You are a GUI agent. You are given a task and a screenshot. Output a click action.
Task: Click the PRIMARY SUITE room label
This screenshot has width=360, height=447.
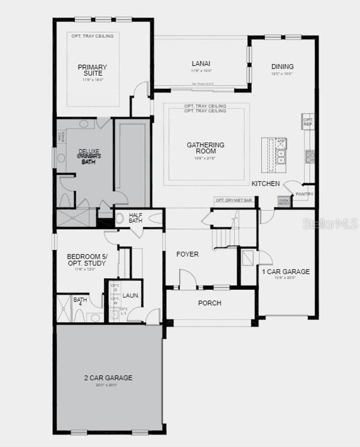point(92,70)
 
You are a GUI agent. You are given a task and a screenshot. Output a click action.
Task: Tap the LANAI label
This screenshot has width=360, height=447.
point(201,64)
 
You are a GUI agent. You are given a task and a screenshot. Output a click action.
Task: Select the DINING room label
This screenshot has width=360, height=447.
point(282,66)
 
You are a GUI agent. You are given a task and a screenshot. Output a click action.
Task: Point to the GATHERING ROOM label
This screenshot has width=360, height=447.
point(206,148)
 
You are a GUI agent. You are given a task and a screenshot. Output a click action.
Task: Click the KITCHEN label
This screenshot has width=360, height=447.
point(266,184)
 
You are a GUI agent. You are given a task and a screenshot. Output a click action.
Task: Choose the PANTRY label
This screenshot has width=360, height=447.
point(304,194)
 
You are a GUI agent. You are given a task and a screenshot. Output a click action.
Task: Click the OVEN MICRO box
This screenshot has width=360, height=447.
point(284,202)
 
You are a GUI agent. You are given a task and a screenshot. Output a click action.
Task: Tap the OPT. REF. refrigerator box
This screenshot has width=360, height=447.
point(308,122)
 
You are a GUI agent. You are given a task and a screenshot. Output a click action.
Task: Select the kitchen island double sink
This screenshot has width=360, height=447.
point(281,157)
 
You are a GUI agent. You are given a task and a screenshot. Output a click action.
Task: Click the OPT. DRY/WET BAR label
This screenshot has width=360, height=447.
point(234,200)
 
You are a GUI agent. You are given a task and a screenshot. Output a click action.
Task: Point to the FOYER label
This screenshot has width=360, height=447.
point(187,254)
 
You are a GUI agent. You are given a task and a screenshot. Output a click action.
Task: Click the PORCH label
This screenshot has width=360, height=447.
point(210,303)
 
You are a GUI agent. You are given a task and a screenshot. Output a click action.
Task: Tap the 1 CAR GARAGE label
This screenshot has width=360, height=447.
point(286,272)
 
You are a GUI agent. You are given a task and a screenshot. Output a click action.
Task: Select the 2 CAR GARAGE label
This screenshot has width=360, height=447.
point(108,378)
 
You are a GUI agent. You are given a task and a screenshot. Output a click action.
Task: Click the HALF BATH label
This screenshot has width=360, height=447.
point(135,218)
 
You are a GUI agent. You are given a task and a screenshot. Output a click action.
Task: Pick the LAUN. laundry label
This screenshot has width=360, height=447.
point(131,295)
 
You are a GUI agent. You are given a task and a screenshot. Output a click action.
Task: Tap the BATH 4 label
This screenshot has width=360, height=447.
point(80,302)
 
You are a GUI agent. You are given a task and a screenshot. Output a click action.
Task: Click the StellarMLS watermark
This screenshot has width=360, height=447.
point(330,224)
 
